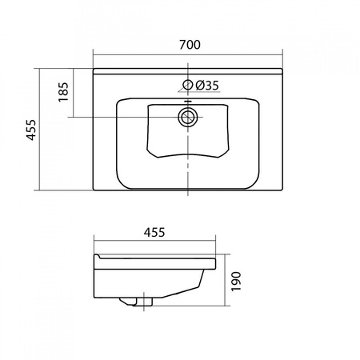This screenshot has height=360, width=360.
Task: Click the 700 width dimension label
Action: click(190, 45)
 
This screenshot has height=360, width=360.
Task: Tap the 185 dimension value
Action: click(63, 92)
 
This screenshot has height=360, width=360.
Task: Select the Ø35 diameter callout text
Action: click(207, 86)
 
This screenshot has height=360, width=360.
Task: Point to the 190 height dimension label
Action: click(236, 282)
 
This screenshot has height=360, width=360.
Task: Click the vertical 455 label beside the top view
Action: click(30, 130)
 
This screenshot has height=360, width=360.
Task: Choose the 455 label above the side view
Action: click(154, 232)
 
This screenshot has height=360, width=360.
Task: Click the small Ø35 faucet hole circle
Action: click(188, 85)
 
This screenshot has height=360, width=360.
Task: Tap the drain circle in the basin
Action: click(188, 117)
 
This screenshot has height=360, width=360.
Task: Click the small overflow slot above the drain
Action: click(188, 101)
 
